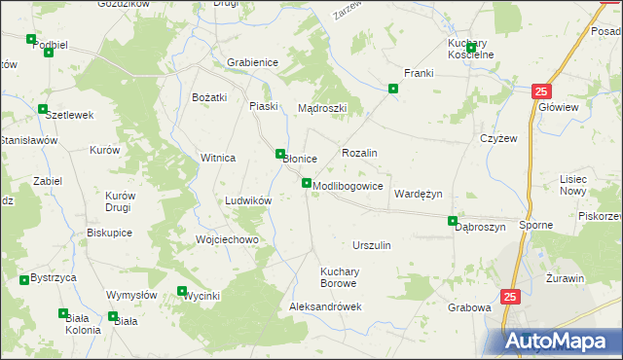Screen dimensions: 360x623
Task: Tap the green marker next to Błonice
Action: (x=280, y=153)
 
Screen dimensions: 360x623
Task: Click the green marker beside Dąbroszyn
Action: (x=452, y=221)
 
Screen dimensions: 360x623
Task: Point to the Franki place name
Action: (x=418, y=73)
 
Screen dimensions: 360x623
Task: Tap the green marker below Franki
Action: (x=393, y=90)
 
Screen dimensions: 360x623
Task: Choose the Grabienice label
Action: (x=253, y=62)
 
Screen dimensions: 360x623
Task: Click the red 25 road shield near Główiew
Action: (x=542, y=91)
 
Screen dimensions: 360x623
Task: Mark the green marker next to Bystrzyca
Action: (x=24, y=280)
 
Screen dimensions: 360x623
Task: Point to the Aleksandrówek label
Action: (x=325, y=306)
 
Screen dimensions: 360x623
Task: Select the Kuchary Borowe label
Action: (x=340, y=277)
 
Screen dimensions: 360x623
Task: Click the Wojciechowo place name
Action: (x=227, y=239)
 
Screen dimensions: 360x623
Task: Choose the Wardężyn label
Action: (x=418, y=194)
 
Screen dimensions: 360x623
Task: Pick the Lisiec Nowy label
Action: (x=580, y=185)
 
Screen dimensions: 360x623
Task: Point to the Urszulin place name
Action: (x=372, y=245)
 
